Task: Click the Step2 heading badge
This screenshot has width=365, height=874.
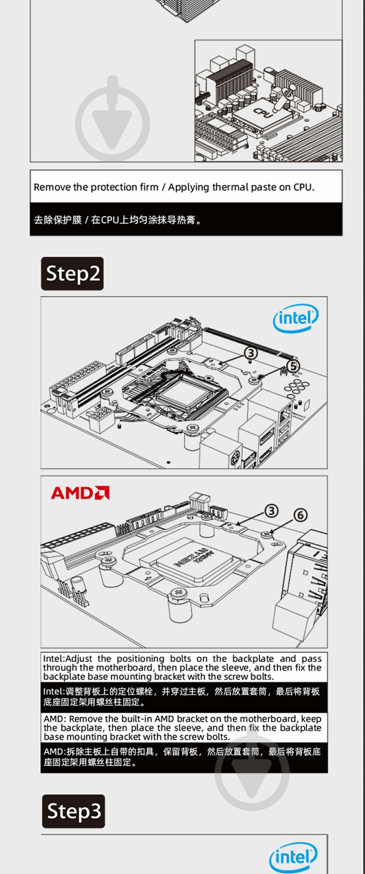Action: click(x=72, y=274)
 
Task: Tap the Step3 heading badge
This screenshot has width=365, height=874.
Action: click(x=74, y=811)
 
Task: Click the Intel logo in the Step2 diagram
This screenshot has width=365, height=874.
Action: click(x=295, y=318)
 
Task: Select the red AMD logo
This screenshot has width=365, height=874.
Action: click(x=80, y=493)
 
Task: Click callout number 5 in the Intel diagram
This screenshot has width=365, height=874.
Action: click(x=293, y=366)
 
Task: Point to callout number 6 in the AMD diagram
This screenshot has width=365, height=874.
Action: click(x=300, y=515)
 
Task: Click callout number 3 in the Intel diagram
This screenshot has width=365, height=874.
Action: click(x=251, y=353)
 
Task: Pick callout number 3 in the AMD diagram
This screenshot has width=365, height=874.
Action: click(x=271, y=511)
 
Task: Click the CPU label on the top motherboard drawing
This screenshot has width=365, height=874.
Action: click(x=263, y=112)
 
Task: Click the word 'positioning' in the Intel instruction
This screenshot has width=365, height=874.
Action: click(x=140, y=659)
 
